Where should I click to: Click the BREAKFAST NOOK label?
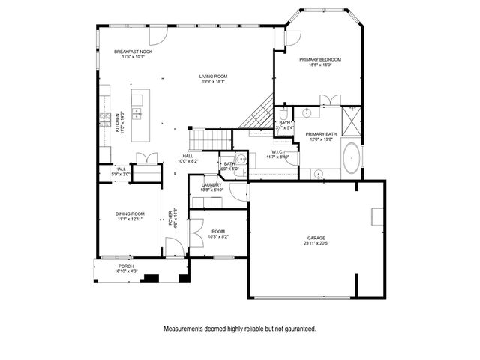click(133, 52)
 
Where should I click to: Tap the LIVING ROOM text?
click(213, 76)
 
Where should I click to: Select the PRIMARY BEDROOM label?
click(320, 59)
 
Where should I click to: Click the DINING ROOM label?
click(130, 214)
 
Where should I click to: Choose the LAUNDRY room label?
click(211, 184)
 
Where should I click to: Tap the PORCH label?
click(126, 266)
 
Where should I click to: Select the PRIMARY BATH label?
click(321, 134)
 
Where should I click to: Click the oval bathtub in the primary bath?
click(351, 159)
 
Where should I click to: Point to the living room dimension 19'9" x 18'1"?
click(213, 82)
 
